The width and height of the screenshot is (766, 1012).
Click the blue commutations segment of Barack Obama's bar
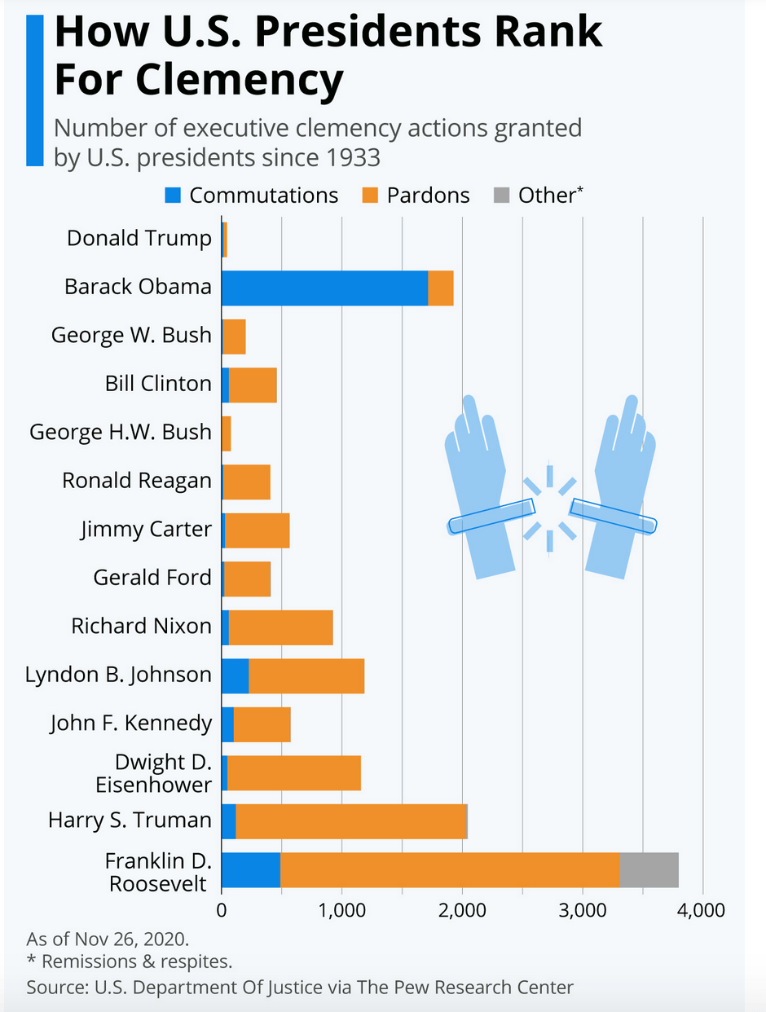(x=324, y=288)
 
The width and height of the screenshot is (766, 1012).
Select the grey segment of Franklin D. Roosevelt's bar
(x=649, y=870)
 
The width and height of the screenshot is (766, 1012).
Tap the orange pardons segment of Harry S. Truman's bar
(x=350, y=821)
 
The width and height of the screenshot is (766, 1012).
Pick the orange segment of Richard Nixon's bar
(x=280, y=627)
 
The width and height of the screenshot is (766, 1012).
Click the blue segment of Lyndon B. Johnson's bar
(x=235, y=676)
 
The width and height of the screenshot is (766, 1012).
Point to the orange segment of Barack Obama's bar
(x=441, y=288)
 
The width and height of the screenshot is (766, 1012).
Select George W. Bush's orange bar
(x=234, y=337)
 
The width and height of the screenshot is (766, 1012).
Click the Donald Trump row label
(x=139, y=239)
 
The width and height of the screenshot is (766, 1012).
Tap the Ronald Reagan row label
(x=136, y=481)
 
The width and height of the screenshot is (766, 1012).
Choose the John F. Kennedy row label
(x=130, y=723)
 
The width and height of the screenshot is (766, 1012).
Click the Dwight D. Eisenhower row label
(x=152, y=772)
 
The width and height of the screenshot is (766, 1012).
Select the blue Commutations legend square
(x=173, y=196)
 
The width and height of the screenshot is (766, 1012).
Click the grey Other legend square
(x=501, y=196)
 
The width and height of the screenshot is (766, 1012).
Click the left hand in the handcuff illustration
(x=478, y=489)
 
